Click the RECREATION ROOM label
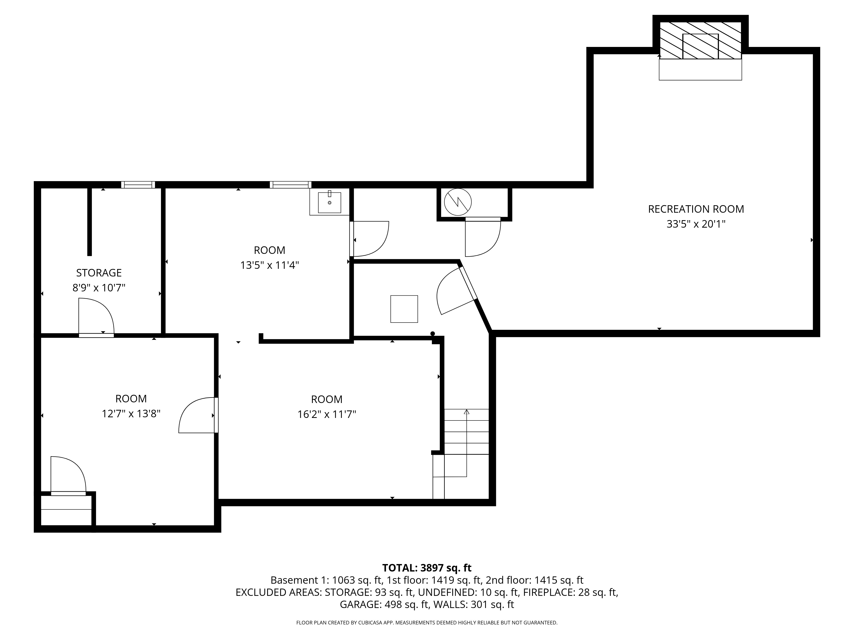tap(696, 209)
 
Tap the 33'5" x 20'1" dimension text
tap(696, 224)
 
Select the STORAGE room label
tap(99, 273)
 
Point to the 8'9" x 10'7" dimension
tap(99, 288)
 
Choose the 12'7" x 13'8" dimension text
tap(131, 414)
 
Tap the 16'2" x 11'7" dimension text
tap(327, 414)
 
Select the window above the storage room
tap(138, 185)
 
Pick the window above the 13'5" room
tap(290, 185)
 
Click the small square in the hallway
tap(404, 309)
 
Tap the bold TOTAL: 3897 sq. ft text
tap(427, 568)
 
